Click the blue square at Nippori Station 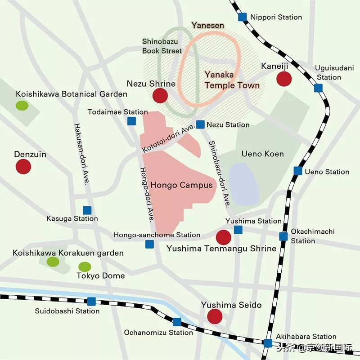(x=243, y=17)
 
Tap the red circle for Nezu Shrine (x=160, y=96)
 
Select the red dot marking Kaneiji (x=284, y=79)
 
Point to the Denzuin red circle (x=23, y=167)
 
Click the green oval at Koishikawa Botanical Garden (x=22, y=106)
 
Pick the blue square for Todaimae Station (x=131, y=120)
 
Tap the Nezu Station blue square (x=201, y=124)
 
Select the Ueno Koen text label (x=262, y=154)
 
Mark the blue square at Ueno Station (x=298, y=171)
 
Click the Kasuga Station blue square (x=87, y=210)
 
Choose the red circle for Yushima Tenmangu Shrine (x=223, y=237)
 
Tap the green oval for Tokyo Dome (x=85, y=267)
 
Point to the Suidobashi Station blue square (x=92, y=301)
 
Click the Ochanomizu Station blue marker (x=177, y=322)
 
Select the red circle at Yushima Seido (x=215, y=316)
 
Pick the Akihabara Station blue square (x=268, y=343)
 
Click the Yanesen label (x=207, y=26)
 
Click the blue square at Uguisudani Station (x=319, y=88)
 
